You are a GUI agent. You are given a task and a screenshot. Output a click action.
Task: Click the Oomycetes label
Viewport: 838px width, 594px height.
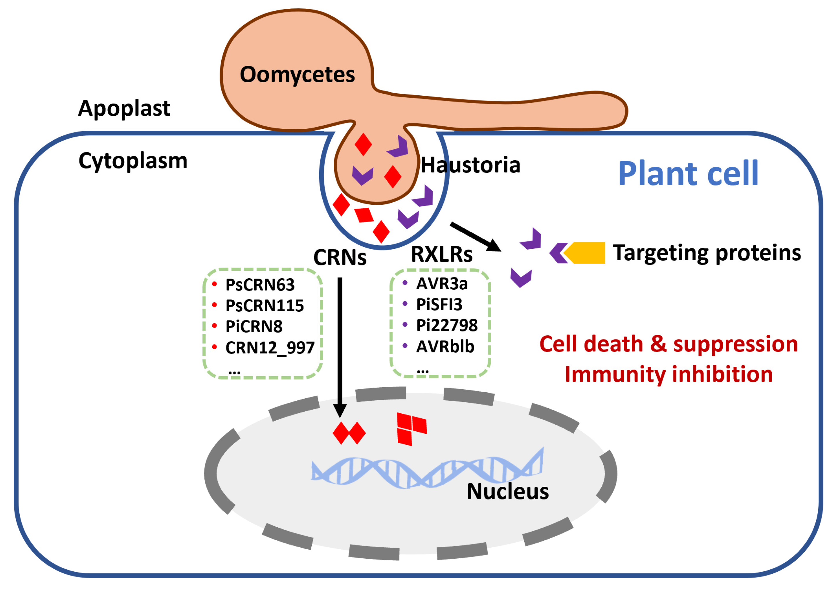pos(297,75)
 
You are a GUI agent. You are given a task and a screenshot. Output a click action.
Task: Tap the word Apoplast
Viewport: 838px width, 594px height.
pos(124,109)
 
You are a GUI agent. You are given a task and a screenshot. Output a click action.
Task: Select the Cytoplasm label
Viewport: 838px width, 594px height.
pos(133,161)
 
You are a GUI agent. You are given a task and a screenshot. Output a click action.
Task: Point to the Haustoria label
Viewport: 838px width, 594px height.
pos(470,165)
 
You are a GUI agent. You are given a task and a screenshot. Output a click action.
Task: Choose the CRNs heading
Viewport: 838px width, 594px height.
pos(339,257)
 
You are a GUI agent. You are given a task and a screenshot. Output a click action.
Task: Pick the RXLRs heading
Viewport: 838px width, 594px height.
pos(441,254)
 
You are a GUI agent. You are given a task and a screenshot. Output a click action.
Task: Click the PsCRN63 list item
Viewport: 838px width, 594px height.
pos(260,285)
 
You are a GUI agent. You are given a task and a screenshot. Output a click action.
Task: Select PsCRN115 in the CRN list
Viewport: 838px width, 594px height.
pos(264,306)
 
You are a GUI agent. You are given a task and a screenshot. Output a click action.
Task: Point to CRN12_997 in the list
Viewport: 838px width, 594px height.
pos(270,348)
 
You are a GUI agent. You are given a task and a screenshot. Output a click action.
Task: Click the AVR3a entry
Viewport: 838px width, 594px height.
pos(442,284)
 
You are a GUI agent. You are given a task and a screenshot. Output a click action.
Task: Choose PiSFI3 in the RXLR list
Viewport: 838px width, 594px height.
pos(439,305)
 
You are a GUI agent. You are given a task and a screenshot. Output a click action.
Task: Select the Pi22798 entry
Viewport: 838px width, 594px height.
pos(447,326)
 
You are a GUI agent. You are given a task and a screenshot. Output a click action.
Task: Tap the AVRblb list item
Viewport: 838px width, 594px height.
pos(445,346)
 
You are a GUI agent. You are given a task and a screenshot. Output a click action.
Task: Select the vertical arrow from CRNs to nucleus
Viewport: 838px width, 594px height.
pos(340,348)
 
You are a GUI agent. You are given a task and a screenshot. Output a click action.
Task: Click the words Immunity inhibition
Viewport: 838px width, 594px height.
pos(669,374)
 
